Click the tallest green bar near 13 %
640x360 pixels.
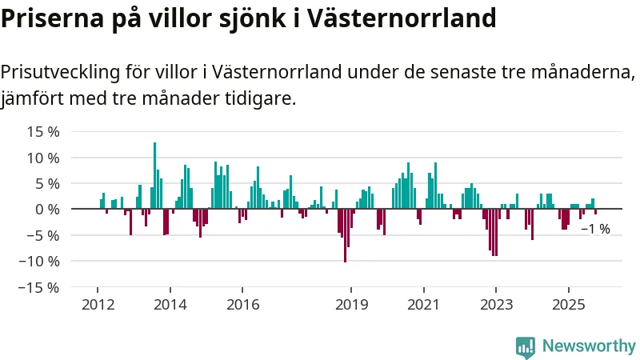pyautogui.click(x=154, y=176)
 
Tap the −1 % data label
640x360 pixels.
pyautogui.click(x=595, y=229)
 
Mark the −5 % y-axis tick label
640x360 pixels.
pyautogui.click(x=42, y=235)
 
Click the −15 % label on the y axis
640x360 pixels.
pyautogui.click(x=38, y=286)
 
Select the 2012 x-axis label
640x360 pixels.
pyautogui.click(x=97, y=305)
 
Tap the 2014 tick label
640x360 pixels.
pyautogui.click(x=170, y=305)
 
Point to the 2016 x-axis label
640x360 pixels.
pyautogui.click(x=242, y=305)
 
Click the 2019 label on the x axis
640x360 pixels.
pyautogui.click(x=350, y=305)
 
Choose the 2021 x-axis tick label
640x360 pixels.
pyautogui.click(x=423, y=305)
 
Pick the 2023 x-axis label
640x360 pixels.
pyautogui.click(x=496, y=305)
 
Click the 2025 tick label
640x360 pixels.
pyautogui.click(x=568, y=305)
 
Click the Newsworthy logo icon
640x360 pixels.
pyautogui.click(x=526, y=346)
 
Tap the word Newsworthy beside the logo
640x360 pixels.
pyautogui.click(x=589, y=346)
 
